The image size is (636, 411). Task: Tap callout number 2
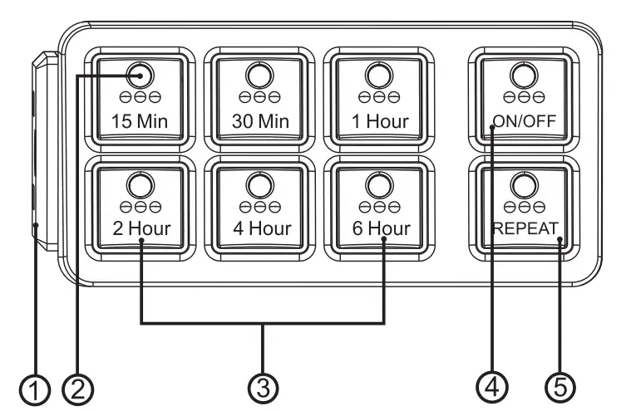tap(81, 386)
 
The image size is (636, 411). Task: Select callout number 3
tap(264, 386)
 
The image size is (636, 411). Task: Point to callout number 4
tap(491, 386)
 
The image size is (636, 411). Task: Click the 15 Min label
tap(140, 122)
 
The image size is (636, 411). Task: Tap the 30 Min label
tap(260, 122)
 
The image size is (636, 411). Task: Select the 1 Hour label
tap(380, 122)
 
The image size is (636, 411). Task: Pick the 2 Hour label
tap(140, 228)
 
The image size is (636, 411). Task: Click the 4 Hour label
tap(260, 228)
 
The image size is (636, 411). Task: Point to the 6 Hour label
tap(380, 228)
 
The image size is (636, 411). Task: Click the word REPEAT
tap(522, 228)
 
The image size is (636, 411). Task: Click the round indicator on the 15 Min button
tap(141, 75)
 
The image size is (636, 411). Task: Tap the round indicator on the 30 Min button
tap(260, 75)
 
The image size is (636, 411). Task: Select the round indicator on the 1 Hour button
tap(380, 75)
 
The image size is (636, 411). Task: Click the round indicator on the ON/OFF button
tap(522, 75)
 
